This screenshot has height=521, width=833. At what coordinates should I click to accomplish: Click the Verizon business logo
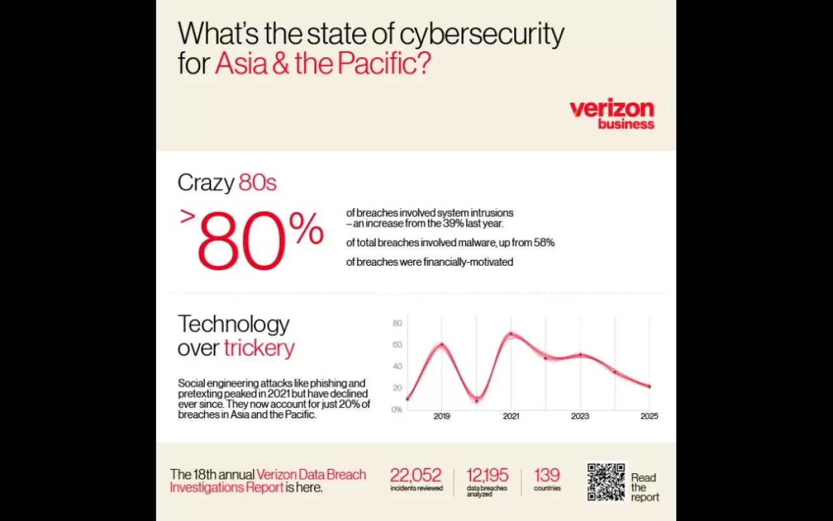(612, 114)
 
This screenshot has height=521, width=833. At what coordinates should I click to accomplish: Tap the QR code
(606, 482)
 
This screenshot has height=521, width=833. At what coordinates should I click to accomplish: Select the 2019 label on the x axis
(442, 416)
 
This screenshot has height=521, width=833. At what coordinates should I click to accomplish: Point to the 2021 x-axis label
(511, 416)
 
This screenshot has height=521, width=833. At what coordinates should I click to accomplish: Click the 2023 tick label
(580, 416)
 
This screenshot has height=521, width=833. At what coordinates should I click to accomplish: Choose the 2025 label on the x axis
(649, 416)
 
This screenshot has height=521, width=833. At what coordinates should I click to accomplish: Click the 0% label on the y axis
(396, 409)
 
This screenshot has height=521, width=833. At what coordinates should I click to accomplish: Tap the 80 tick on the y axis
(397, 323)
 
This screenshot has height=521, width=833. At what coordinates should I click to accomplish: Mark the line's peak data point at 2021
(511, 334)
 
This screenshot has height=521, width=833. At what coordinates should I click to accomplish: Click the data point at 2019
(442, 345)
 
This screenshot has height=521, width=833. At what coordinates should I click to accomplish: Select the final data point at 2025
(649, 386)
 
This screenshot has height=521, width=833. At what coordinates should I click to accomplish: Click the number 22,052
(416, 475)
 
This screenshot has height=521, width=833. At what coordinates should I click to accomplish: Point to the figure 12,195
(487, 475)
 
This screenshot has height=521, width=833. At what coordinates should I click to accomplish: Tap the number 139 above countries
(547, 475)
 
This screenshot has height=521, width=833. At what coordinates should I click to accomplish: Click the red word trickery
(259, 348)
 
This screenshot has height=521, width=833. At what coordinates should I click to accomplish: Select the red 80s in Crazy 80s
(257, 183)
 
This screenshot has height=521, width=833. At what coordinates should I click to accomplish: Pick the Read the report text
(644, 487)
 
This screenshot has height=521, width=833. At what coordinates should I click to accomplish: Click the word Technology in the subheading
(234, 324)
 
